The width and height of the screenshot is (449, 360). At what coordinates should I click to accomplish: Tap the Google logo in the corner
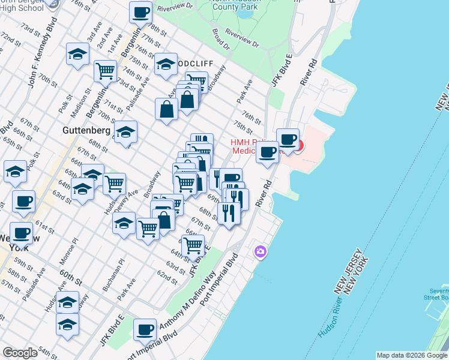click(x=20, y=353)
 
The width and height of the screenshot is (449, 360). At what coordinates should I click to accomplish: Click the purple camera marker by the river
click(x=261, y=251)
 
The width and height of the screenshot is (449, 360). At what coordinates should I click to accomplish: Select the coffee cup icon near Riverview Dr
click(x=141, y=12)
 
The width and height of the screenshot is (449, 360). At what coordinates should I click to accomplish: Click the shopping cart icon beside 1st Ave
click(x=105, y=70)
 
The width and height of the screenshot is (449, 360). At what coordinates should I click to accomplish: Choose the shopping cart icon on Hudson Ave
click(x=114, y=183)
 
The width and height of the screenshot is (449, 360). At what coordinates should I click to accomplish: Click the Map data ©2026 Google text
click(x=411, y=355)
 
